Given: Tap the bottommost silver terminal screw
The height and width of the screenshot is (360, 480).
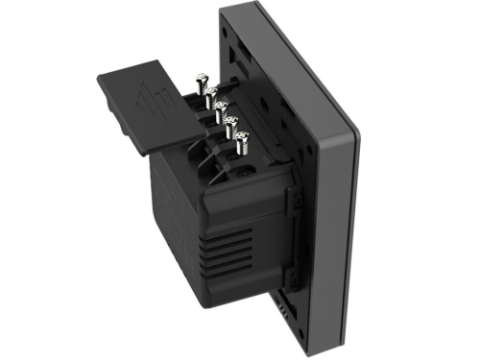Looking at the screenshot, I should [240, 145].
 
